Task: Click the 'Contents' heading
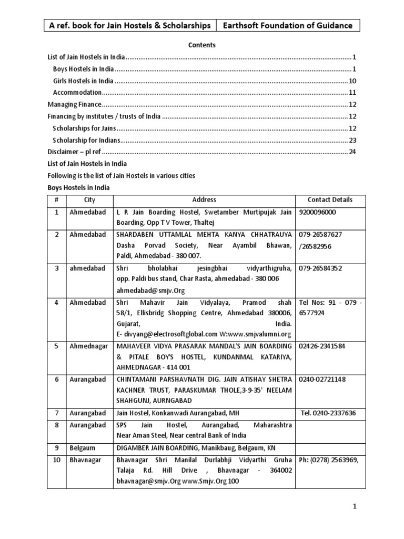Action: point(202,45)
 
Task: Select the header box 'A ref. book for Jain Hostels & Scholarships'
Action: point(129,25)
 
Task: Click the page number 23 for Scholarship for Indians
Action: point(352,141)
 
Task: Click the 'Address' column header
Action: point(204,200)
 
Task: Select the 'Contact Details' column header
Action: point(330,200)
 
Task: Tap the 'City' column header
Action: point(89,200)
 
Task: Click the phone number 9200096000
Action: point(317,212)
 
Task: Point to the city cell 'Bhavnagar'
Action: point(86,460)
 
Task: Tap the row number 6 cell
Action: point(56,379)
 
